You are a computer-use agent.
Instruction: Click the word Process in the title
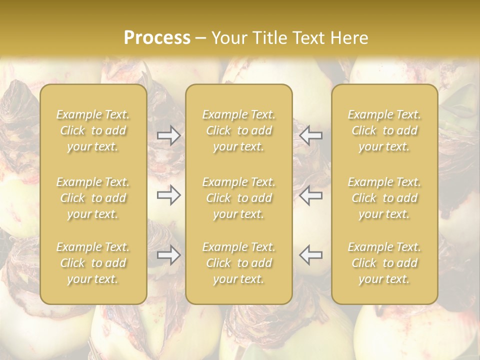157,38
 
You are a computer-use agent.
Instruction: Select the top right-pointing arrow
169,135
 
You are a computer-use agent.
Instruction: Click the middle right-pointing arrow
169,195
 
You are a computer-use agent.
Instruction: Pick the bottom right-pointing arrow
169,255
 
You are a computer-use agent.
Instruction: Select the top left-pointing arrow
310,135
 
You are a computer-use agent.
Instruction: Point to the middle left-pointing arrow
310,195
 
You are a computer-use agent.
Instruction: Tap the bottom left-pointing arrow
310,255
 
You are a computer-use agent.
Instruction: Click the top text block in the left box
93,130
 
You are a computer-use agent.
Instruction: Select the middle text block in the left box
93,198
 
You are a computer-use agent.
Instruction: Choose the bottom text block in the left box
93,263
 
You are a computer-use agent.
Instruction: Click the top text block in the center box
239,130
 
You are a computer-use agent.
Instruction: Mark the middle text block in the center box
239,198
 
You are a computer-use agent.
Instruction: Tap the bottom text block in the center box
239,263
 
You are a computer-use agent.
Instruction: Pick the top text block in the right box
384,130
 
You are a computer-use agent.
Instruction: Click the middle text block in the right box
384,198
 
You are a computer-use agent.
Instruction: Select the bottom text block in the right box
384,263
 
